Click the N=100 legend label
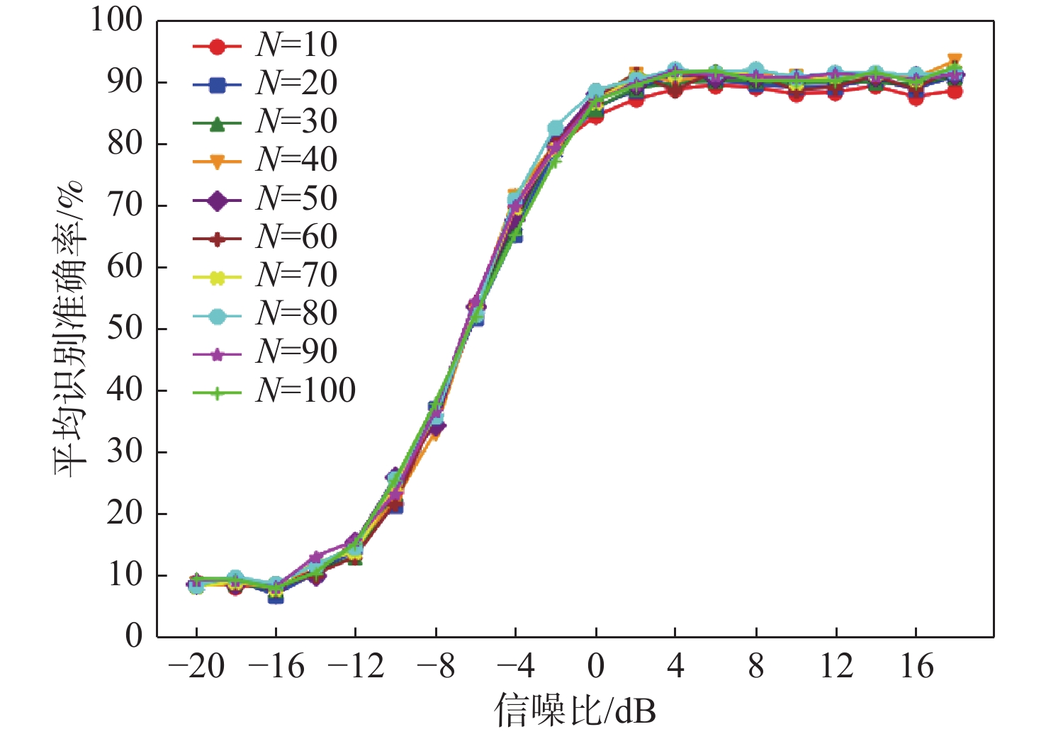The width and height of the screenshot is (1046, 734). [x=305, y=390]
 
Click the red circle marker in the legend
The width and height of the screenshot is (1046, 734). [x=218, y=47]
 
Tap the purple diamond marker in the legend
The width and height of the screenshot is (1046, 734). [x=218, y=201]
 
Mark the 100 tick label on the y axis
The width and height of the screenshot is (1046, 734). [x=116, y=20]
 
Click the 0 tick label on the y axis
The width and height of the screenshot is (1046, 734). [x=134, y=636]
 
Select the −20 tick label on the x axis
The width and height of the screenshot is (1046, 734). [x=196, y=667]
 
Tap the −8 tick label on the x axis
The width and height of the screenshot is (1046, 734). [x=436, y=667]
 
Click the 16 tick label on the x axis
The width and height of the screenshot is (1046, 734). [x=916, y=667]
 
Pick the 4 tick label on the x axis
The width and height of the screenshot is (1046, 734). [x=675, y=667]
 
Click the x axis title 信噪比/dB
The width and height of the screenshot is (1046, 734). [x=575, y=710]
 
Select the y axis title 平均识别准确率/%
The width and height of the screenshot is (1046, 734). [x=69, y=329]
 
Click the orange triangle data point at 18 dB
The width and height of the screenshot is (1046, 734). [x=955, y=60]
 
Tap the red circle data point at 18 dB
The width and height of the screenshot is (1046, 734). [x=955, y=91]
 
